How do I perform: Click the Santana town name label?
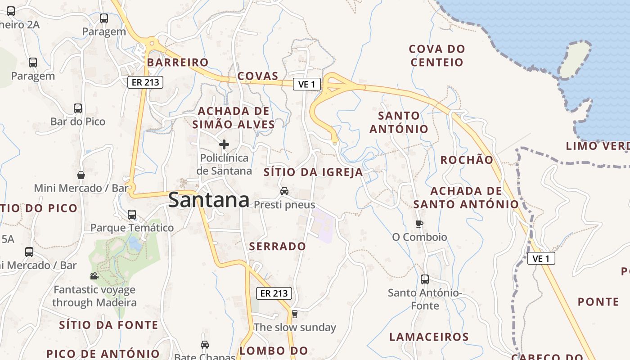point(209,200)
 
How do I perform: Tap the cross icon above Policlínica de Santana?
point(224,144)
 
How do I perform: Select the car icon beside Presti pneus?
point(284,191)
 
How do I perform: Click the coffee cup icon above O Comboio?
point(419,224)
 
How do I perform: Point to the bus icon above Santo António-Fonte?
point(425,279)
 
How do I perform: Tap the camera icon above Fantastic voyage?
point(94,276)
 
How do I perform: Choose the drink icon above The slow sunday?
point(295,314)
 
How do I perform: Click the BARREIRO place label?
point(178,62)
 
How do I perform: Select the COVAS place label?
point(258,76)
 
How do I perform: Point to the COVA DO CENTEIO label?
point(437,55)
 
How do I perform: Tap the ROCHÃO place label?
point(467,160)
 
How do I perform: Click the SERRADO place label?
point(278,246)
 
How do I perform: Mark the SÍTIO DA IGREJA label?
point(313,172)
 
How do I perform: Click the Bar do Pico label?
point(78,121)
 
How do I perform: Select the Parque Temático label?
point(132,228)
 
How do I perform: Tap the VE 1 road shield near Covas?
point(307,84)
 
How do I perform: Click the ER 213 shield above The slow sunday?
point(274,293)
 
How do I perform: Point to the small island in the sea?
point(575,60)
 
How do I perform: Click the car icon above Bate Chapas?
point(205,345)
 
